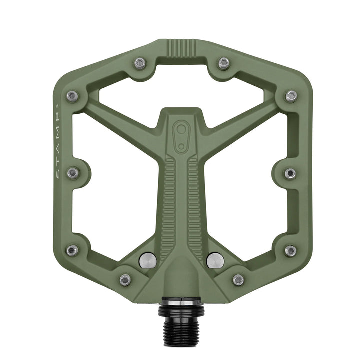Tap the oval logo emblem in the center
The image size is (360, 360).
180,135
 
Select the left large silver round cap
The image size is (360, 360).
148,260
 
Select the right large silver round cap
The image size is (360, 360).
215,260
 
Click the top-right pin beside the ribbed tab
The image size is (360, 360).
224,63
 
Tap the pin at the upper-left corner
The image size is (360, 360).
73,96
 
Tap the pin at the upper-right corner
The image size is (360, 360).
291,96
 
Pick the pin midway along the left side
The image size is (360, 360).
73,173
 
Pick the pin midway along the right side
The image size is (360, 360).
290,173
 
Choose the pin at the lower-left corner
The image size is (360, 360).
72,250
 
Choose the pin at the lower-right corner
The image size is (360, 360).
290,250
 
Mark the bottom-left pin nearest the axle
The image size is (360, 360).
125,279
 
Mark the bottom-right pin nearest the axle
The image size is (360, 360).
238,279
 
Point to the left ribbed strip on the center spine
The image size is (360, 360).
169,200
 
